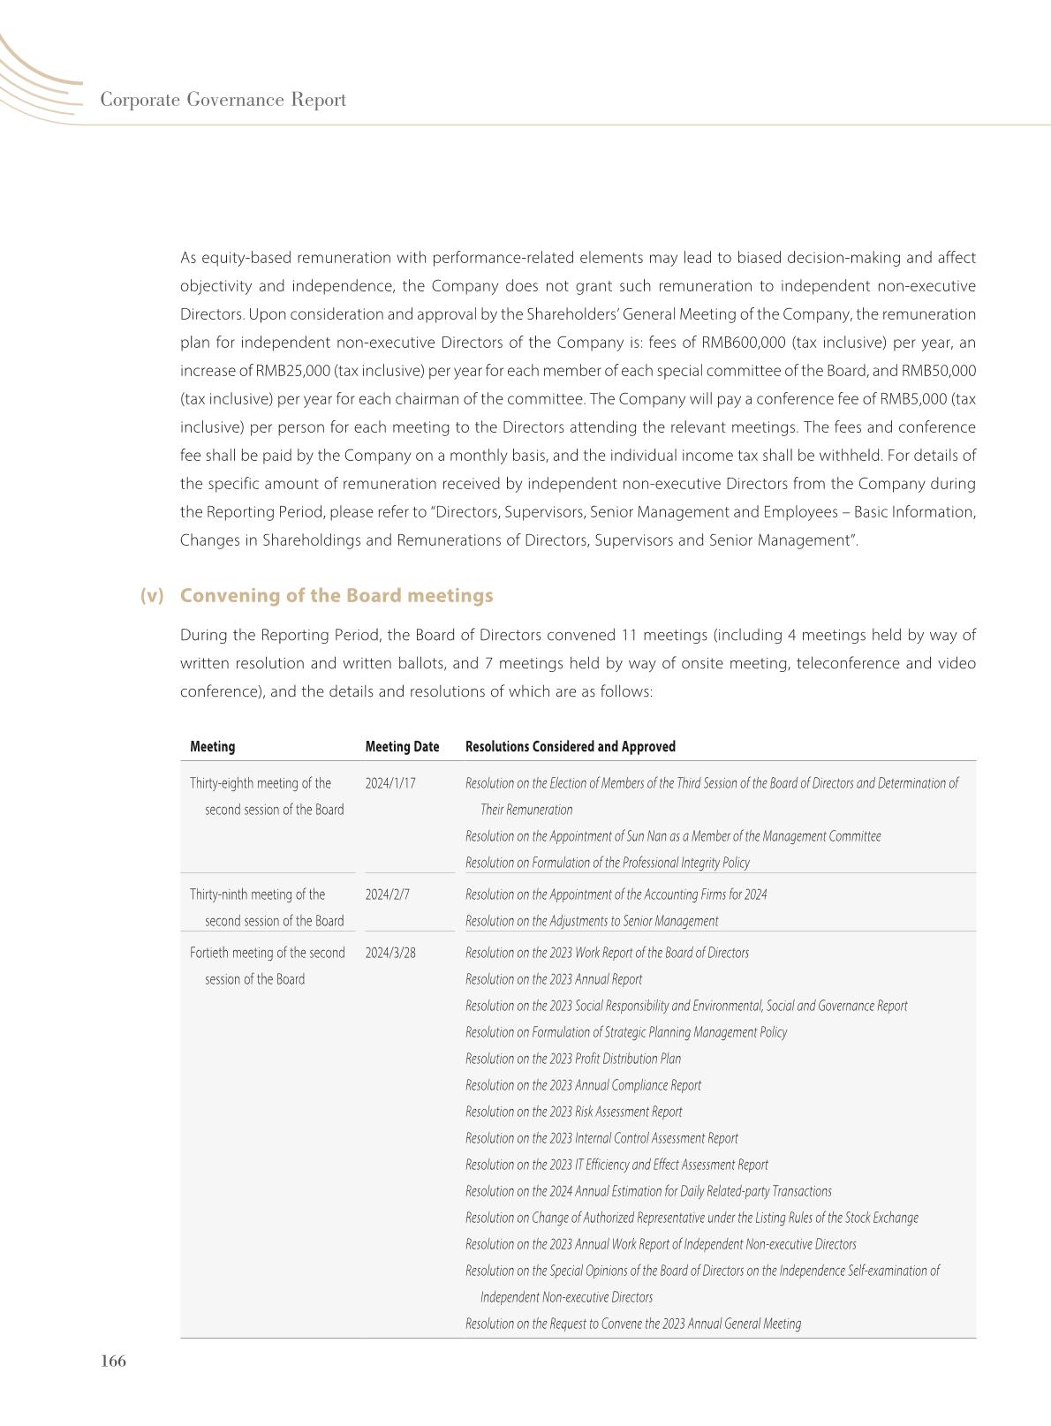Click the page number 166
coord(114,1361)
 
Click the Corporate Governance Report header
coord(223,100)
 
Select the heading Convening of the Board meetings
coord(336,595)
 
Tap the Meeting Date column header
coord(402,746)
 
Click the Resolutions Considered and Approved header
coord(570,746)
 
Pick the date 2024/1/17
coord(390,783)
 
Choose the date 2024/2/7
coord(388,894)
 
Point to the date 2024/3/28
coord(390,953)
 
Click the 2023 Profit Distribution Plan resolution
coord(573,1059)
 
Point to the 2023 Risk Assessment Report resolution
coord(573,1112)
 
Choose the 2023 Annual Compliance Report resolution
coord(583,1085)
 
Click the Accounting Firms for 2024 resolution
coord(616,894)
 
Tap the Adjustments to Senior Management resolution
coord(592,921)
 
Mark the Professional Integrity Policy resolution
coord(607,863)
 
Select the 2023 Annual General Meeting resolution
coord(633,1324)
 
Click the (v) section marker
coord(152,595)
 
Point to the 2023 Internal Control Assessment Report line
coord(601,1138)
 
